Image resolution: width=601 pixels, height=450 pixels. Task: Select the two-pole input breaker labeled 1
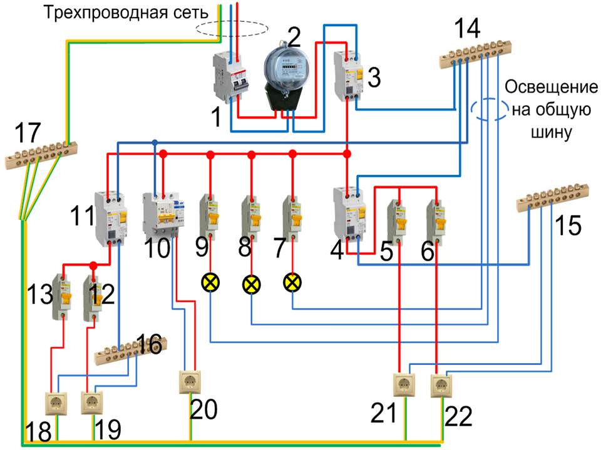[x=227, y=77]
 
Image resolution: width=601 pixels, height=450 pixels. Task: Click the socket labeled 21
[x=404, y=384]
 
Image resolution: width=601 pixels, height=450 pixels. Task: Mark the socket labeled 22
[x=441, y=384]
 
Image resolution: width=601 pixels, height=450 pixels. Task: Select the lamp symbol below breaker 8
[x=252, y=284]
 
